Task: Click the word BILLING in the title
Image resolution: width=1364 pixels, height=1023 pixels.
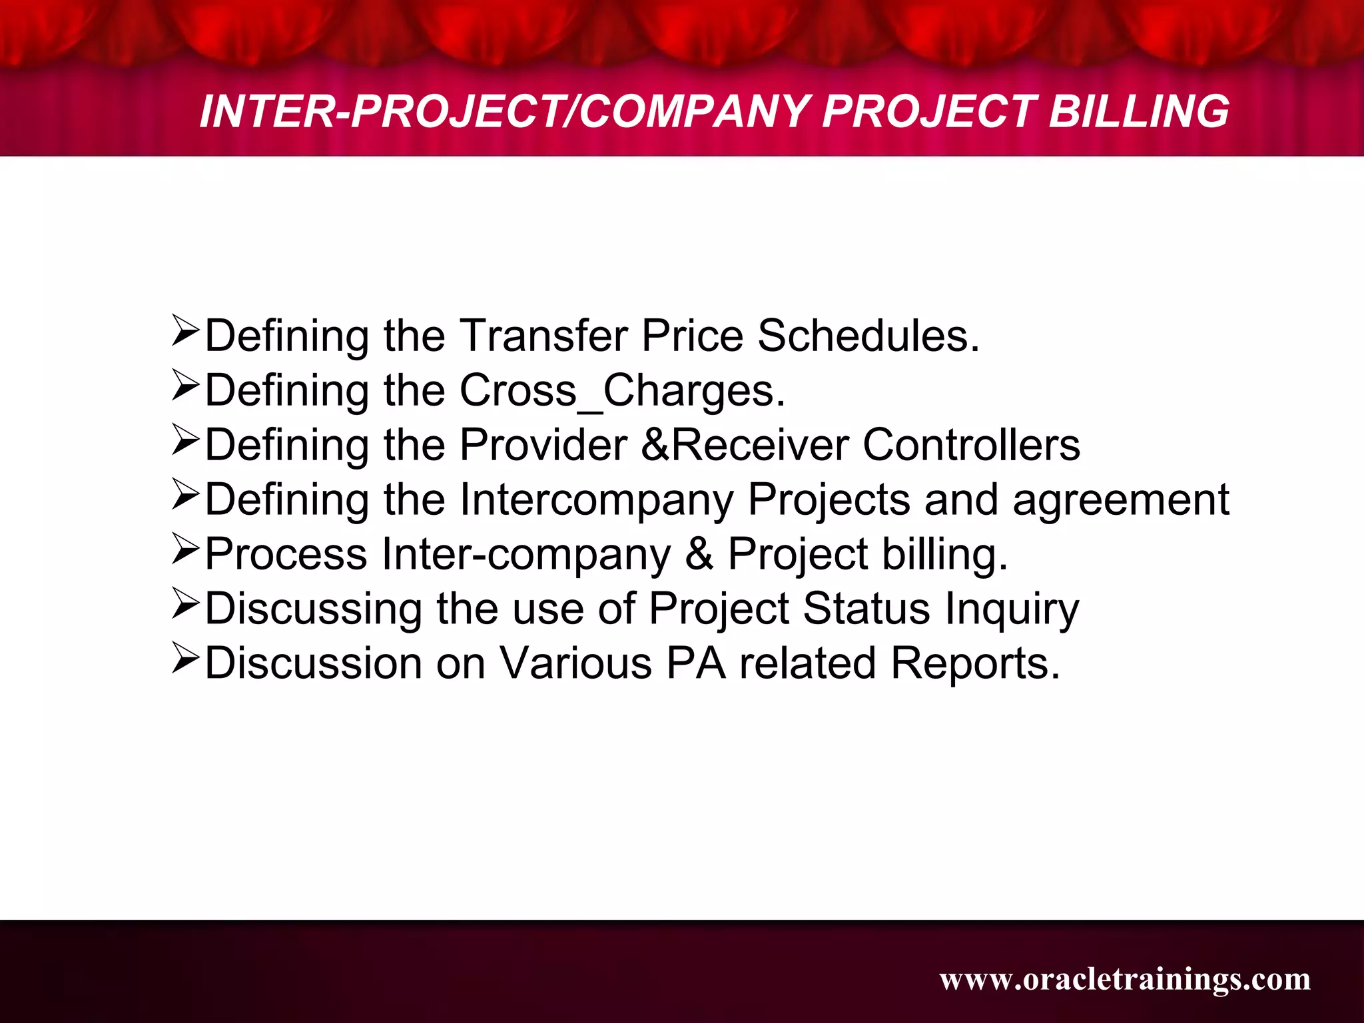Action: pyautogui.click(x=1139, y=111)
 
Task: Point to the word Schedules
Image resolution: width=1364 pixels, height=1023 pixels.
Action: pyautogui.click(x=868, y=335)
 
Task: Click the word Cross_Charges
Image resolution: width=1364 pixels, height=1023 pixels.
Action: pyautogui.click(x=622, y=390)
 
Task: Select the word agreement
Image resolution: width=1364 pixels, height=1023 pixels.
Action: pyautogui.click(x=1120, y=500)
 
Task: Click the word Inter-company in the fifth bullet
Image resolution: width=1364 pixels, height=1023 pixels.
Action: pyautogui.click(x=526, y=554)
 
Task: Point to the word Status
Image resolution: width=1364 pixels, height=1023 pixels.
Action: pyautogui.click(x=866, y=609)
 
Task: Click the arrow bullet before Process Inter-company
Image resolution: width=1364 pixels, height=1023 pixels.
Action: pyautogui.click(x=185, y=549)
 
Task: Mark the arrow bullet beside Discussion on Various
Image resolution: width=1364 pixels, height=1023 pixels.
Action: pyautogui.click(x=185, y=658)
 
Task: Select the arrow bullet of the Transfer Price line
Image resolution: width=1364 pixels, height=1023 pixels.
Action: pyautogui.click(x=185, y=330)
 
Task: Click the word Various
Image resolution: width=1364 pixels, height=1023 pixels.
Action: pyautogui.click(x=575, y=663)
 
